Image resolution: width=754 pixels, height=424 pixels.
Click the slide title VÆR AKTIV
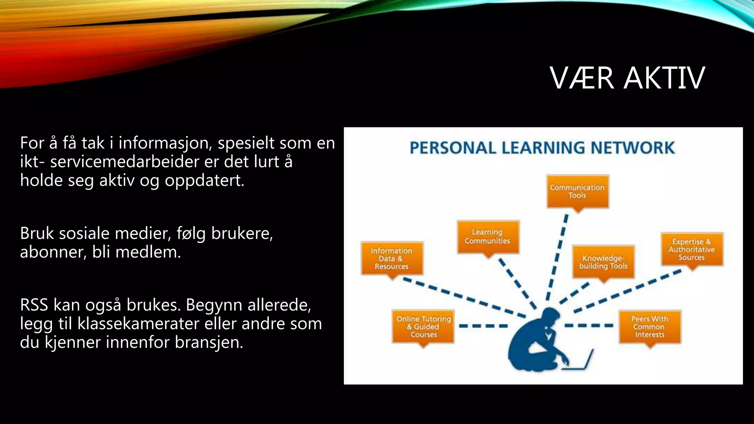click(627, 78)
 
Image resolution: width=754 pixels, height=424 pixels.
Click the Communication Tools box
click(577, 191)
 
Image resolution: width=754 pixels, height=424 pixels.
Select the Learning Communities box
click(487, 237)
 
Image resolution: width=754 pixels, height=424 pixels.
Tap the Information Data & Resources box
click(392, 258)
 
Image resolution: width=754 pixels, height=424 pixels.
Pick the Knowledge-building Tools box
click(603, 262)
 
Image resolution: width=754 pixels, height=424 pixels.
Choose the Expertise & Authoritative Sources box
click(692, 250)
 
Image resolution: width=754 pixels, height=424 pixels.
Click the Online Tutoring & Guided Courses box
click(423, 327)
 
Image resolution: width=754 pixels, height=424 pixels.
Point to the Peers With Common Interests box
click(650, 327)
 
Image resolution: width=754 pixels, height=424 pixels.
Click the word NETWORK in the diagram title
click(633, 148)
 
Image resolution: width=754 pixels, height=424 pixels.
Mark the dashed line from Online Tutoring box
click(483, 326)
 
